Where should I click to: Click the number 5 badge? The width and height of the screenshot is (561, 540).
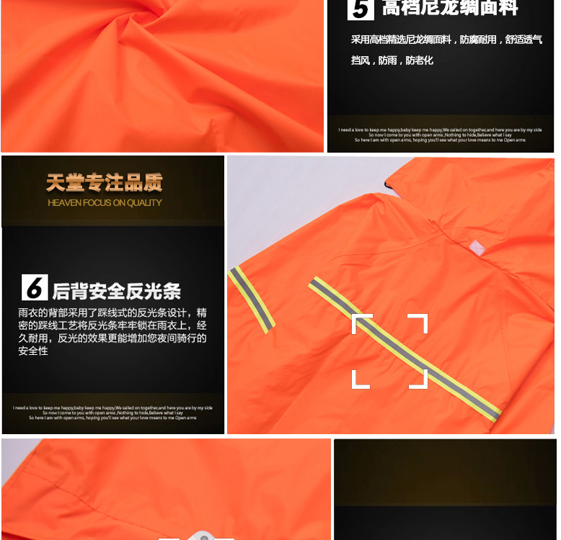click(361, 9)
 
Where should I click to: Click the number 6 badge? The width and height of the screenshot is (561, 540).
click(35, 288)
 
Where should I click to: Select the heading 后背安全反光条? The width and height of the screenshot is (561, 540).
click(117, 291)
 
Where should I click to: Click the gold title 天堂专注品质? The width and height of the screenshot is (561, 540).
click(105, 183)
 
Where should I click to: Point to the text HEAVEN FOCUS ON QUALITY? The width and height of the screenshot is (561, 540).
click(105, 203)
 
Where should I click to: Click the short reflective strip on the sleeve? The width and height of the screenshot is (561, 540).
click(252, 300)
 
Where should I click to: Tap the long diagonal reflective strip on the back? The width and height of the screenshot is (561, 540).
click(404, 349)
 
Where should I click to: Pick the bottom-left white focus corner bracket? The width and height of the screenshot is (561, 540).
click(361, 379)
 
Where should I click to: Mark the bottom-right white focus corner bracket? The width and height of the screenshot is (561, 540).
click(419, 379)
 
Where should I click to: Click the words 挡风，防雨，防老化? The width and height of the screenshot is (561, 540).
click(392, 60)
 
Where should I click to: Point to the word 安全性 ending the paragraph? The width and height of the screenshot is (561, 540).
click(33, 351)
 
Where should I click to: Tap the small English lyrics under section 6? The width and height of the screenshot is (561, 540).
click(112, 413)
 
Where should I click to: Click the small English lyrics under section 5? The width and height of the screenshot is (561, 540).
click(440, 135)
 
